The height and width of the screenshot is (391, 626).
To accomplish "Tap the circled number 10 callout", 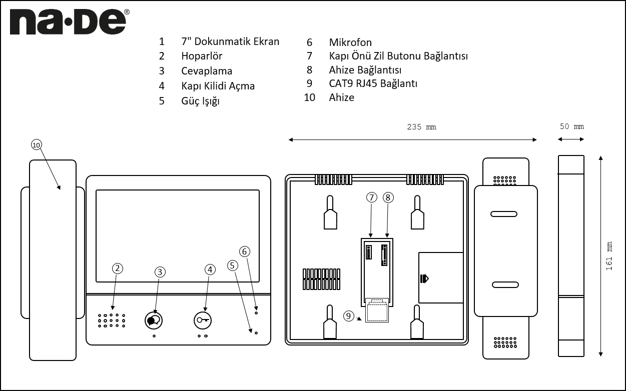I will [x=37, y=144].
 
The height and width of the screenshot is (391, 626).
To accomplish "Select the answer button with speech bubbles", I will [x=154, y=319].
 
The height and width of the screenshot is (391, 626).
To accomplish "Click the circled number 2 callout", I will [x=117, y=268].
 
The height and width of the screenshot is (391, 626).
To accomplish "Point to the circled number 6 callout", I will [x=244, y=251].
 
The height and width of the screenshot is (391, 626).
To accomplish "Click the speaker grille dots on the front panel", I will [x=111, y=320].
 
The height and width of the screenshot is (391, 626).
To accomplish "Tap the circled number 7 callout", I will [x=371, y=197].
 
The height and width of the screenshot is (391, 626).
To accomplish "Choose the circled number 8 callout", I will [x=388, y=197].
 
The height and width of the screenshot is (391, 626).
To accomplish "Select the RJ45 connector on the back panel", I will [x=377, y=311].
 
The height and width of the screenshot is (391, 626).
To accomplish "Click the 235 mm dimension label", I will [x=421, y=127].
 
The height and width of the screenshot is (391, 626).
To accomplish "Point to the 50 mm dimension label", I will [x=571, y=127].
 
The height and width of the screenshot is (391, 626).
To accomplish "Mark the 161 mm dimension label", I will [x=609, y=256].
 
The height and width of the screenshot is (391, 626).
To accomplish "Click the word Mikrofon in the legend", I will [x=350, y=42].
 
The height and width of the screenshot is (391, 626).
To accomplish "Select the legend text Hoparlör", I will [x=202, y=56].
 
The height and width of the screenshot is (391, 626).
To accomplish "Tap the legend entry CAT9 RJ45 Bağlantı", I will [x=373, y=83].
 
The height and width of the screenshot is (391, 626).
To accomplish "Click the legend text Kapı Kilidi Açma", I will [x=218, y=86].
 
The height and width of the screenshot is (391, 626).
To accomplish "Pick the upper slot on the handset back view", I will [x=504, y=214].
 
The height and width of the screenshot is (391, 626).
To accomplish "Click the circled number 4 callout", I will [x=210, y=269].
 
